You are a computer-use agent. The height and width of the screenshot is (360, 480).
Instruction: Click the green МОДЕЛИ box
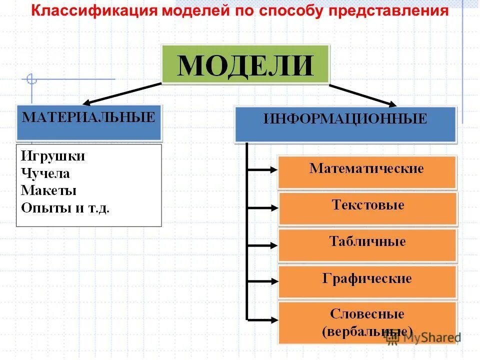point(245,64)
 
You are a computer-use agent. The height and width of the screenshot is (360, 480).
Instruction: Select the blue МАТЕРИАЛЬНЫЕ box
point(89,122)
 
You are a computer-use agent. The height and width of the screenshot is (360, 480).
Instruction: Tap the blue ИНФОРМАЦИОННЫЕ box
point(345,124)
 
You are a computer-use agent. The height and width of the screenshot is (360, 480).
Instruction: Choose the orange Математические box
point(367,172)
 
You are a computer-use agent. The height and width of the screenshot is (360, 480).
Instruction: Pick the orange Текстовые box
point(367,208)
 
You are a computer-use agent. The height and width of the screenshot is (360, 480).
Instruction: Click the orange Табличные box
point(367,245)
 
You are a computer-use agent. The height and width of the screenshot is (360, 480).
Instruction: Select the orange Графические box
point(367,281)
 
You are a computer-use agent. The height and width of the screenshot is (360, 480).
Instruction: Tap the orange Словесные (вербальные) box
point(367,322)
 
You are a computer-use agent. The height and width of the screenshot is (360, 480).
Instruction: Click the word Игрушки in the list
point(53,156)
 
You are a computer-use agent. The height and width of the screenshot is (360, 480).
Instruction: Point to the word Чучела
point(45,174)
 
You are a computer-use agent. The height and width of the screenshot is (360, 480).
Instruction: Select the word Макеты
point(48,190)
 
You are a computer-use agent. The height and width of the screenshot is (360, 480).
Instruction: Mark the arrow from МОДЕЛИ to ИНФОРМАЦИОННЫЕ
point(362,95)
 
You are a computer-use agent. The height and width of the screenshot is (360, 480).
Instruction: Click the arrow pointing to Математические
point(262,170)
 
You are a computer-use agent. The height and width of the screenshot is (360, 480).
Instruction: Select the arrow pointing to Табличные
point(262,245)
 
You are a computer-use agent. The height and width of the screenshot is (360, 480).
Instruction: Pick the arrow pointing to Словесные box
point(262,318)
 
